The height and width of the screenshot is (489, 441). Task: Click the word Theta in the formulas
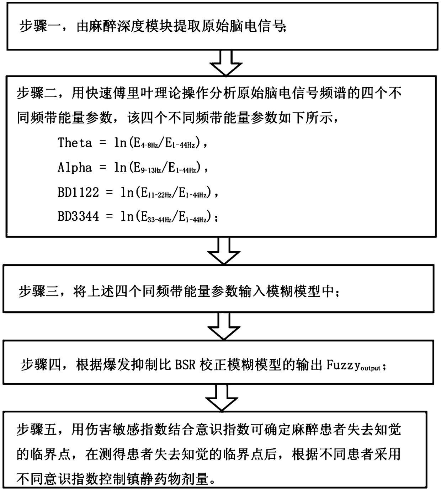[75, 143]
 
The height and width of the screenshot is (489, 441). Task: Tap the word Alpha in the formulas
[75, 167]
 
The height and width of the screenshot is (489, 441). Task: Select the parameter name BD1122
[78, 192]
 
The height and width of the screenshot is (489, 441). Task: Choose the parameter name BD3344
[78, 216]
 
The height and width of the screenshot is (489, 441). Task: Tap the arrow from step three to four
[225, 326]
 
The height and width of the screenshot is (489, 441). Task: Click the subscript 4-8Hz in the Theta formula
[149, 145]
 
